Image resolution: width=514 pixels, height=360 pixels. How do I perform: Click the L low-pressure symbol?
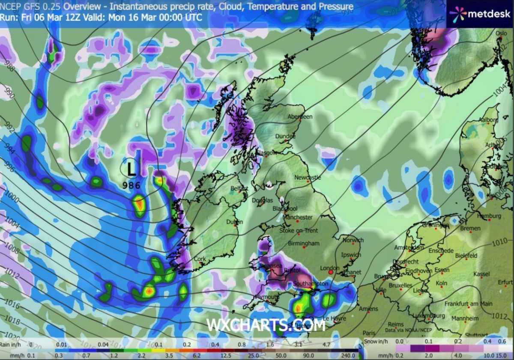tap(131, 168)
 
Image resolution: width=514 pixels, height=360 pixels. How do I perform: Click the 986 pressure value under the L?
tap(131, 185)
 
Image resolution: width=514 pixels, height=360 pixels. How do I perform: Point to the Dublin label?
tap(234, 222)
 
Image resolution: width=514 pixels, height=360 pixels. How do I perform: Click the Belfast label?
tap(239, 188)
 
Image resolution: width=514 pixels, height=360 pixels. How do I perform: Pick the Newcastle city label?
tap(308, 177)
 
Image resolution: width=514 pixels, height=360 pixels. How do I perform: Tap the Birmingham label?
tap(304, 244)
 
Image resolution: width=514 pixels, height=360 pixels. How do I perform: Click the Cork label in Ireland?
tap(200, 259)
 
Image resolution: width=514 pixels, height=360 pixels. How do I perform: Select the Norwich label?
tap(353, 240)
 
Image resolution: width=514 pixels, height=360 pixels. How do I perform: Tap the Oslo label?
tap(501, 33)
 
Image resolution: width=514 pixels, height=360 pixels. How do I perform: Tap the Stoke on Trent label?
tap(299, 231)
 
